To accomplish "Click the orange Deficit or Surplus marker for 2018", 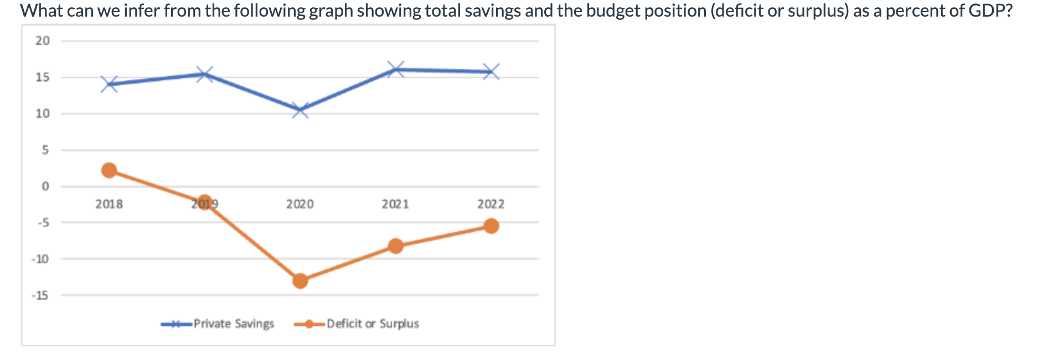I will coord(110,170).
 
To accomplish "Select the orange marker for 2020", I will coord(300,281).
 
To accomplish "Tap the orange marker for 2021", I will coord(395,246).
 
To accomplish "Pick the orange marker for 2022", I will coord(491,226).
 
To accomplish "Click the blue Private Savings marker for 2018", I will coord(110,84).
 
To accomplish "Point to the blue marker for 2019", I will coord(205,74).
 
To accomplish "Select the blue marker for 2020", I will coord(300,110).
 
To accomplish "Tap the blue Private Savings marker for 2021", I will coord(395,69).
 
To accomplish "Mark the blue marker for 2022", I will coord(491,71).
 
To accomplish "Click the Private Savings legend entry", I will coord(233,324).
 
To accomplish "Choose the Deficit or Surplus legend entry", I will coord(372,324).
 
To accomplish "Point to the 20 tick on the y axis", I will coord(43,41).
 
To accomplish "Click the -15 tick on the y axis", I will coord(40,296).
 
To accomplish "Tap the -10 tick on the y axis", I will coord(40,259).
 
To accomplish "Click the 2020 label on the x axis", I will coord(300,204).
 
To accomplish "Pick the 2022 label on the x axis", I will coord(491,204).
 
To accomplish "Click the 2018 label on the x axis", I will coord(109,204).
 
